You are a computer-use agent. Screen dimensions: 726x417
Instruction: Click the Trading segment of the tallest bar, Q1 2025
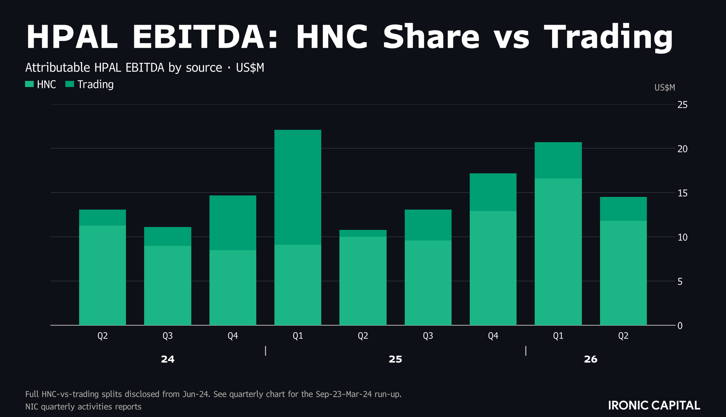(298, 187)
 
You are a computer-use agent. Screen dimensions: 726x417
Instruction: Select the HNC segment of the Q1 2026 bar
(558, 252)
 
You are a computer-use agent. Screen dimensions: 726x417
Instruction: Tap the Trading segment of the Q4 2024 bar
(233, 223)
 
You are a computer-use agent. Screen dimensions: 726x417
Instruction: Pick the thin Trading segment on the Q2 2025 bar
(363, 233)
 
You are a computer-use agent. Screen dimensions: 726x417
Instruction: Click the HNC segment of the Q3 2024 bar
(168, 285)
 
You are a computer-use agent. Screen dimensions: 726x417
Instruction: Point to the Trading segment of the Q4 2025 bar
(493, 192)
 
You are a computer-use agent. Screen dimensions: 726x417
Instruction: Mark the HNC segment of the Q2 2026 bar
(623, 273)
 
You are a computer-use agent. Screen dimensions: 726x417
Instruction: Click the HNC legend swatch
(29, 84)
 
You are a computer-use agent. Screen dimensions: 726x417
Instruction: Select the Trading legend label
(95, 84)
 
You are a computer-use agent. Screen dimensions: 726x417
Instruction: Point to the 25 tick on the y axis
(682, 105)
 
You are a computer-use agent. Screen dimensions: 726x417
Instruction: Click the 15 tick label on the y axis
(682, 193)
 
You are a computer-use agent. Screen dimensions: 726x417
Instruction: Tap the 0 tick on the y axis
(680, 326)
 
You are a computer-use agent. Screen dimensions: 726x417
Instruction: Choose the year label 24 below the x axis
(168, 359)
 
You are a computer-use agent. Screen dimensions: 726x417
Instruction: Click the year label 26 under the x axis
(591, 359)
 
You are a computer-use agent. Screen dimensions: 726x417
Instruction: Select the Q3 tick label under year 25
(428, 336)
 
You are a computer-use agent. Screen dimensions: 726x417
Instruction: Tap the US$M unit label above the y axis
(665, 87)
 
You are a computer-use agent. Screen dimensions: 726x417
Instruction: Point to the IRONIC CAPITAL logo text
(654, 405)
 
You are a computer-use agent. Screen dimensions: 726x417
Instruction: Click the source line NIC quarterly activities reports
(83, 406)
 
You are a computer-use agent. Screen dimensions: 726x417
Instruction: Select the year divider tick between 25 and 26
(526, 351)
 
